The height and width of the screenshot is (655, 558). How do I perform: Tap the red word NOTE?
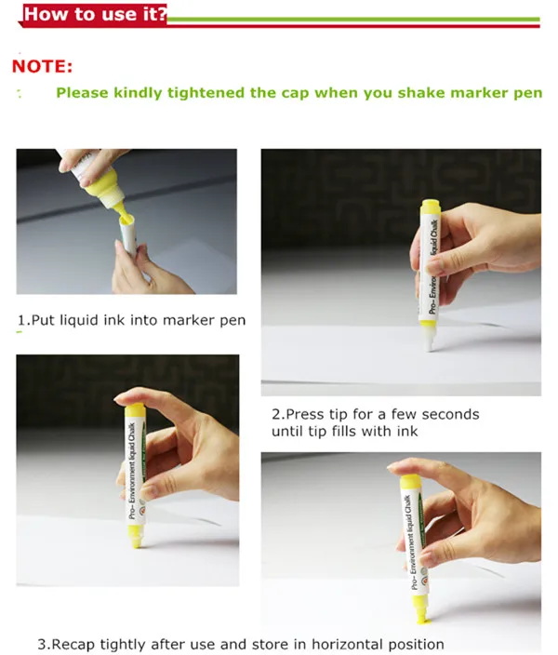pyautogui.click(x=42, y=67)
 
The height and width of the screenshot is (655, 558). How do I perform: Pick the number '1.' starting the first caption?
pyautogui.click(x=23, y=320)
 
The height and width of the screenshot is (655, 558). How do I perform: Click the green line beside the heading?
pyautogui.click(x=353, y=18)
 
